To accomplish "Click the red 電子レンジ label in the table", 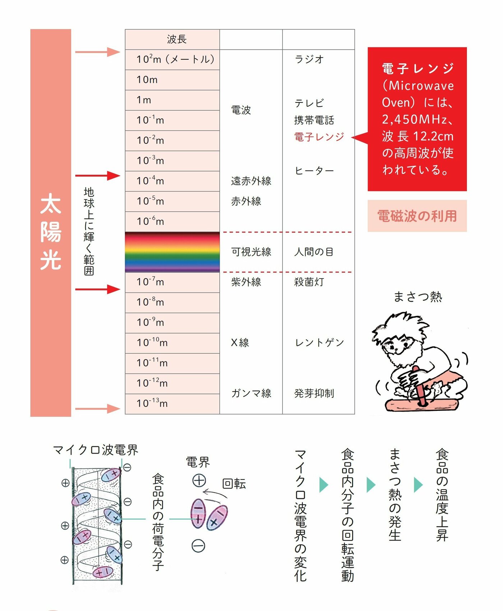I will pos(319,137).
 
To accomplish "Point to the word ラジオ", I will pos(309,59).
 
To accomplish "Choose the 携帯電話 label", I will pos(314,120).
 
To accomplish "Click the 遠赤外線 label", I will pos(251,181).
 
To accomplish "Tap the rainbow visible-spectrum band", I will pos(172,252).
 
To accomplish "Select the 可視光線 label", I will pos(251,252).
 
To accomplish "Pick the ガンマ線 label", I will pos(251,393).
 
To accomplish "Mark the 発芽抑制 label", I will pos(314,393).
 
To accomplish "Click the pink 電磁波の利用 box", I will pos(417,216).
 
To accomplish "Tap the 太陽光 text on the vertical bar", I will pos(51,232).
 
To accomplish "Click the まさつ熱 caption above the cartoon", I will pos(417,297).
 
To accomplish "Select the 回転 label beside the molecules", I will pos(234,484).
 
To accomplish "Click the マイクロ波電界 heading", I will pos(96,450).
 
